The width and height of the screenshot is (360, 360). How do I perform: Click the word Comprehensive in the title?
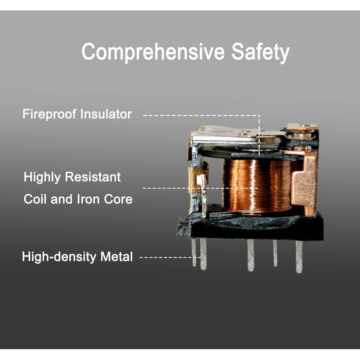point(153,52)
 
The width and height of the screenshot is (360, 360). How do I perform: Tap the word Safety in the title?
point(260,52)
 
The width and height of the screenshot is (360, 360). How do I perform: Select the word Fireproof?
point(49,114)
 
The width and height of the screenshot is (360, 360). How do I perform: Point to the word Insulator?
point(106,114)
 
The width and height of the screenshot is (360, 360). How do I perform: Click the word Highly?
point(42,177)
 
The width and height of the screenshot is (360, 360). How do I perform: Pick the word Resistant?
point(93,177)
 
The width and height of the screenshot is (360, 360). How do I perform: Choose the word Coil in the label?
point(35,199)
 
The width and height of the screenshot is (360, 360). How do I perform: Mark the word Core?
point(118,199)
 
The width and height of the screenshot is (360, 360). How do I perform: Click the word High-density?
point(59,256)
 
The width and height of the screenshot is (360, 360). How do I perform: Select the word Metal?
point(117,256)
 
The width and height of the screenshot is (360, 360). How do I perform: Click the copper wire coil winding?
point(256,186)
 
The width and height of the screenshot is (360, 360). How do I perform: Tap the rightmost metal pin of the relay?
point(299,256)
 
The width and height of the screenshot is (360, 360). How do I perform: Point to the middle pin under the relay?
point(251,255)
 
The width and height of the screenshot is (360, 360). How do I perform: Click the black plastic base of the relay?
point(250,227)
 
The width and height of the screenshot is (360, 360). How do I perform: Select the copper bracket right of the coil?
point(304,181)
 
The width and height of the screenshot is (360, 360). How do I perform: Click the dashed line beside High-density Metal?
point(171,257)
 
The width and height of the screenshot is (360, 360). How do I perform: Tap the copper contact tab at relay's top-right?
point(302,127)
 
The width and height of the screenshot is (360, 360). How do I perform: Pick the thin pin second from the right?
point(275,253)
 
